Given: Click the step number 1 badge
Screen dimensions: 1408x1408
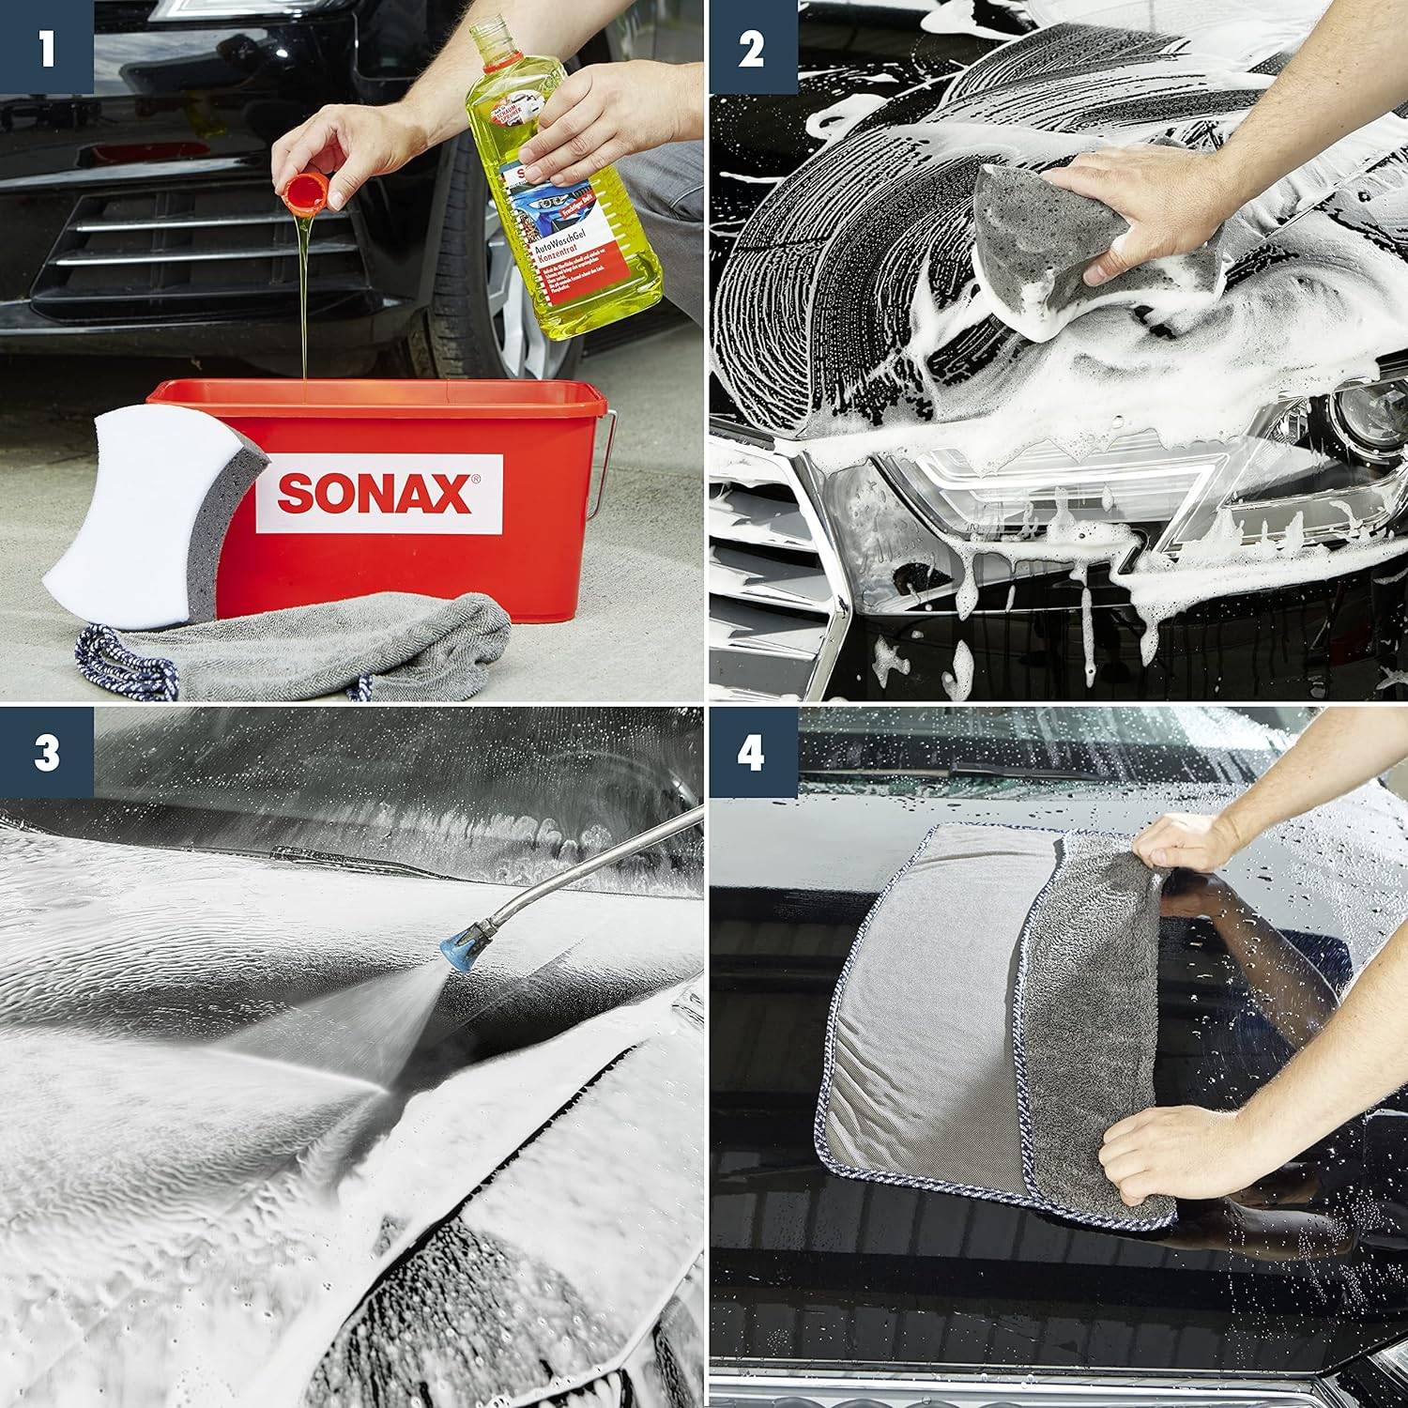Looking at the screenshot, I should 46,46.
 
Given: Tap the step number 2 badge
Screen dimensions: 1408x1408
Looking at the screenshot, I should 751,46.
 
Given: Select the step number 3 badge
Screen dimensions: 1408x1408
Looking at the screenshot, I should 46,754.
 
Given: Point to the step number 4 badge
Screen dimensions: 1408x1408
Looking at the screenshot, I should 751,754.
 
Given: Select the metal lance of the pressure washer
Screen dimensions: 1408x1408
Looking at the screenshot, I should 582,868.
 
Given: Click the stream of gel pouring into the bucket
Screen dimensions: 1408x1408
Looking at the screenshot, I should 305,300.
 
